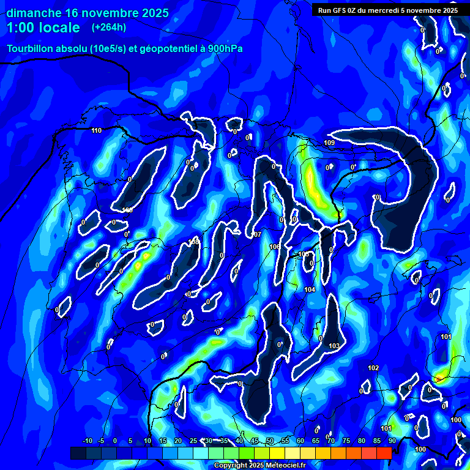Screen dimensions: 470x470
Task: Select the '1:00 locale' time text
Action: pos(43,28)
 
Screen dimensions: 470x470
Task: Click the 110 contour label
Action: pos(96,130)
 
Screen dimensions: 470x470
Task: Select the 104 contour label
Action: pos(309,289)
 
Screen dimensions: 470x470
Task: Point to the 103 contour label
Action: pos(334,346)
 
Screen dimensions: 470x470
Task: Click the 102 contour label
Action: pos(373,368)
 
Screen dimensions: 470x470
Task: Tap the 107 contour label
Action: pos(256,234)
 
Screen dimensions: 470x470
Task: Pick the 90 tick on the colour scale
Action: pos(392,441)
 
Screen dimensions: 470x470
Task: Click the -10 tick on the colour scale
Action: pos(87,441)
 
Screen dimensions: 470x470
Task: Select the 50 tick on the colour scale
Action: pos(270,441)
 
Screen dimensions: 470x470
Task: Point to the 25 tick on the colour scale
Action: pos(193,441)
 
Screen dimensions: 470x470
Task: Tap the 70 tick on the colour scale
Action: pos(331,441)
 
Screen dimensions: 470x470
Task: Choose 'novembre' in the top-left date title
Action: pos(109,13)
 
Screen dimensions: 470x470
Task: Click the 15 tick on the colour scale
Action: pos(163,441)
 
